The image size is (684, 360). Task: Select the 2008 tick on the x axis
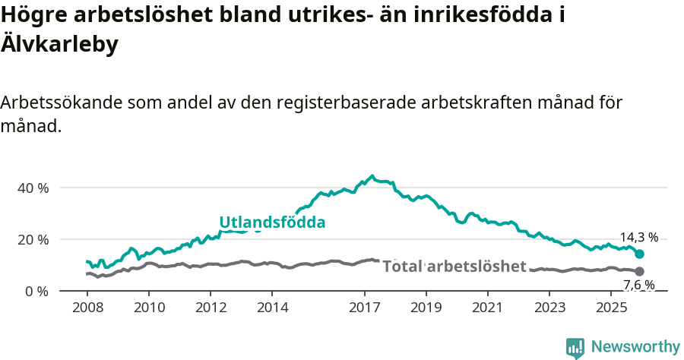pos(87,309)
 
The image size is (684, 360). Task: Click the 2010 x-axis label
pos(148,309)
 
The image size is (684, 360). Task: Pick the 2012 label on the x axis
pos(211,309)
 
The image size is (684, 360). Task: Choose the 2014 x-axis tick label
pos(272,309)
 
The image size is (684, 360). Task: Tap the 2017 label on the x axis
pos(365,309)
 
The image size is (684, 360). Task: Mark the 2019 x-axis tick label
pos(426,309)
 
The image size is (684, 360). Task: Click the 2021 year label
pos(489,309)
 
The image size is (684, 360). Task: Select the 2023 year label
pos(550,309)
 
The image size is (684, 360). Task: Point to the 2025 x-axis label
pos(612,309)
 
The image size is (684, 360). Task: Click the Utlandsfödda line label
pos(272,223)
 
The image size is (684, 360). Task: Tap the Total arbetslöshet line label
pos(454,267)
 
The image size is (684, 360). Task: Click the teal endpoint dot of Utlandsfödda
pos(640,254)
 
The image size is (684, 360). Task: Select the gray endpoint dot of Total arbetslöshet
pos(640,271)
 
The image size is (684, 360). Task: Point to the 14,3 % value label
pos(638,237)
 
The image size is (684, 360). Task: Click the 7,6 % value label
pos(638,286)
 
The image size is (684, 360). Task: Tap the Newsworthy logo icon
pos(575,347)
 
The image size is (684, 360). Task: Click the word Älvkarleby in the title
pos(60,45)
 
